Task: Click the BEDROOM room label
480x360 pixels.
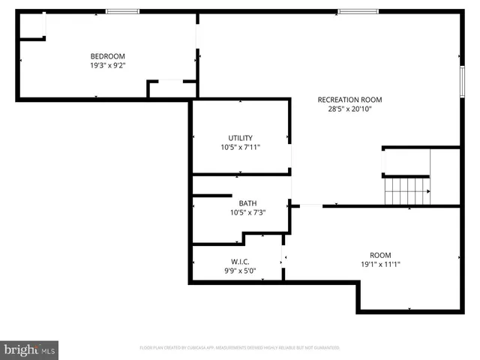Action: tap(107, 56)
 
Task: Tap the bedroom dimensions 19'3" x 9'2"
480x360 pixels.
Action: tap(107, 66)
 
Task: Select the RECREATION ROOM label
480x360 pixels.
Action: tap(349, 100)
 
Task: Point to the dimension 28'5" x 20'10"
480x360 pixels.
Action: tap(349, 109)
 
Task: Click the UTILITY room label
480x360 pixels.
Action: tap(241, 138)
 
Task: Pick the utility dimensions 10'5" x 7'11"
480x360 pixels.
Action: tap(241, 148)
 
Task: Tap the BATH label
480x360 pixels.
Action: tap(247, 203)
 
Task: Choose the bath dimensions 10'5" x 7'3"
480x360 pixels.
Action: tap(247, 213)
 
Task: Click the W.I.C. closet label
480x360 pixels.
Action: tap(240, 262)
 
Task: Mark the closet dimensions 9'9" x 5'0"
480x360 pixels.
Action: tap(240, 271)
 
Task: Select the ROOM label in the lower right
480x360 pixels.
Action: tap(380, 255)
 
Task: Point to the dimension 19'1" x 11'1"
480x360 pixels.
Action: tap(380, 265)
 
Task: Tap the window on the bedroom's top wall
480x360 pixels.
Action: tap(122, 11)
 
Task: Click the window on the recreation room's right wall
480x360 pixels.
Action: tap(460, 77)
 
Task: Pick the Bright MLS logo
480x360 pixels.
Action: tap(29, 349)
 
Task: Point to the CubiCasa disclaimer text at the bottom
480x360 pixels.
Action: tap(240, 348)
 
